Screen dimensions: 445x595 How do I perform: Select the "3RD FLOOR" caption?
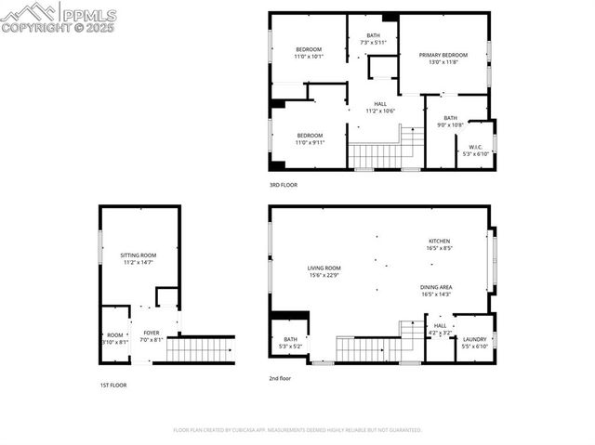(x=284, y=185)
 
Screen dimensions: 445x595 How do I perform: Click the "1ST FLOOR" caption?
(x=113, y=385)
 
